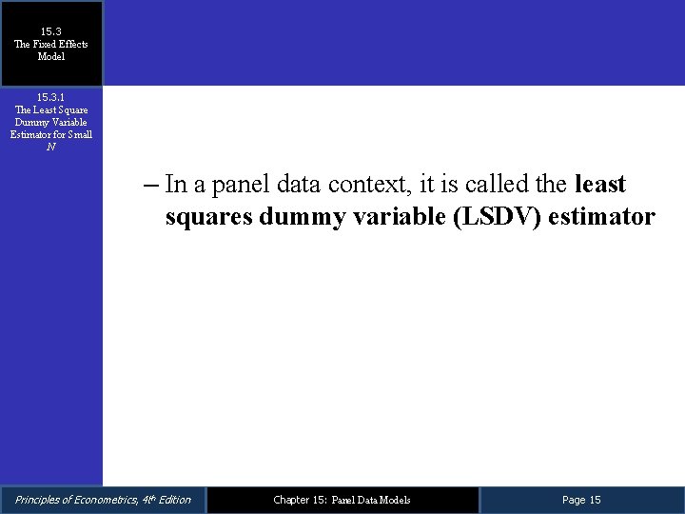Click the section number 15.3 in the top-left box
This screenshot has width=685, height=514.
tap(51, 31)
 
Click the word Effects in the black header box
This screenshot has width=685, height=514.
tap(69, 44)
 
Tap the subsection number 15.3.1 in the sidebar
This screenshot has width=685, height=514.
tap(51, 97)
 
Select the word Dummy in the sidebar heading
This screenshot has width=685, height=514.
tap(30, 122)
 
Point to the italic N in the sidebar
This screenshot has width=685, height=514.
tap(51, 147)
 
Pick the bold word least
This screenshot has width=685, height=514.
tap(600, 184)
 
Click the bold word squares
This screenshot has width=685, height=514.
tap(209, 217)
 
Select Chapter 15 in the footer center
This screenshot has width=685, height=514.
tap(299, 500)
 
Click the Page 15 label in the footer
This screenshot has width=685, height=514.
tap(581, 500)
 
